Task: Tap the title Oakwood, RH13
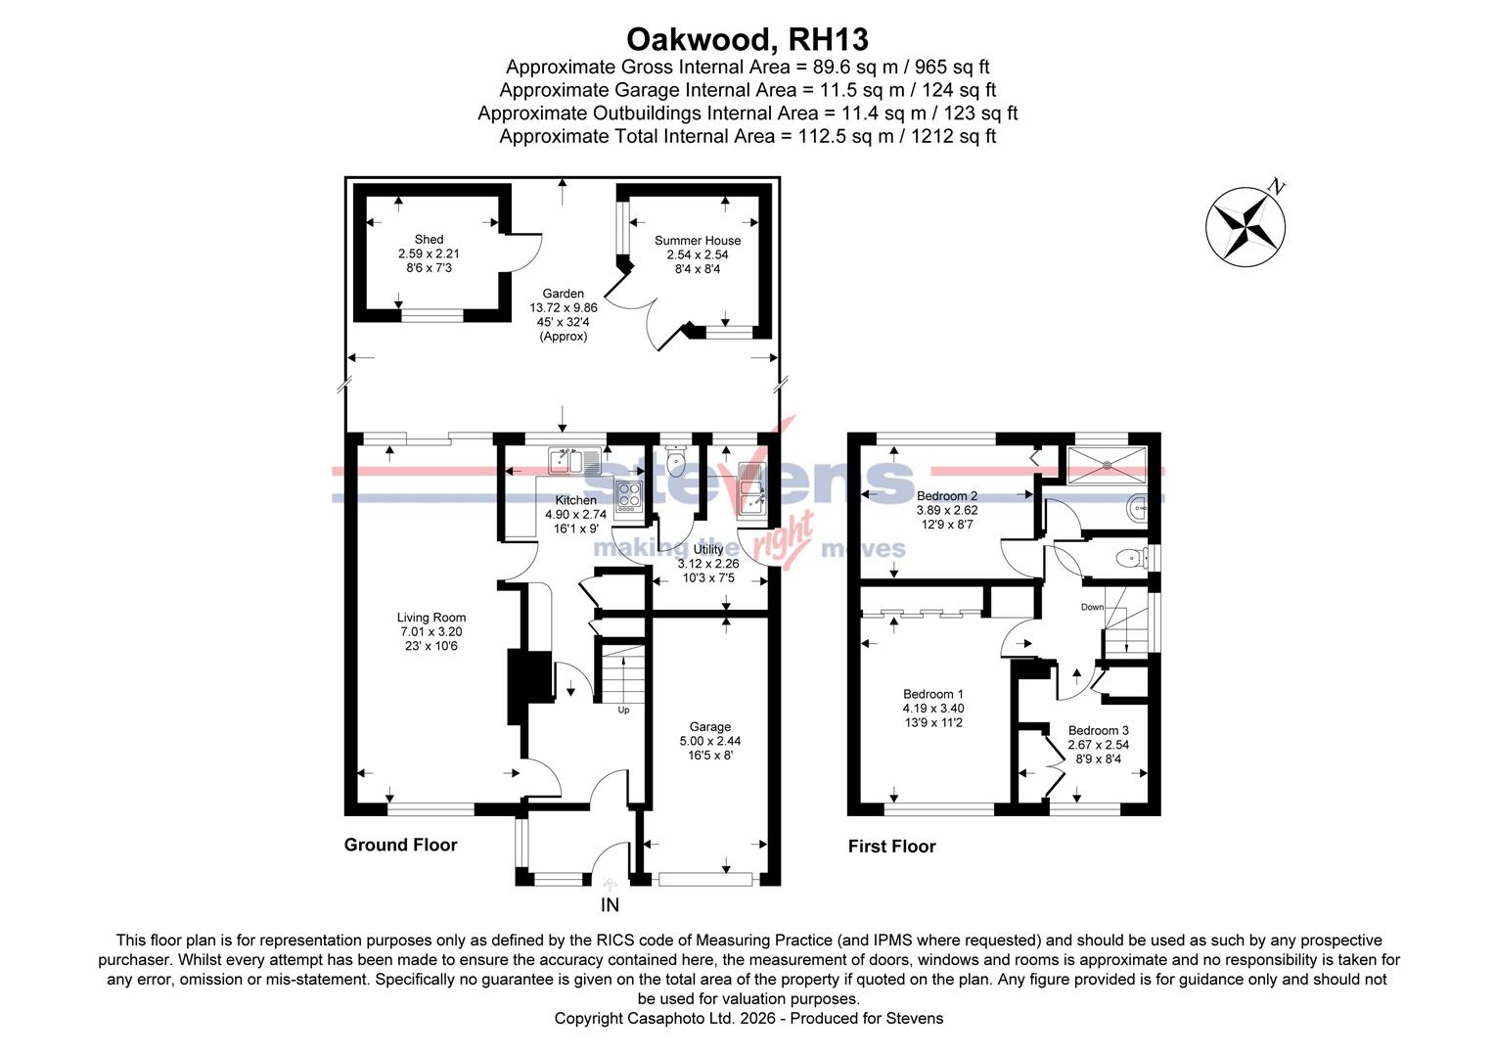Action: pyautogui.click(x=747, y=39)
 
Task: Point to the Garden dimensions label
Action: pyautogui.click(x=564, y=314)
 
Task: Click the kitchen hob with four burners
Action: pyautogui.click(x=627, y=496)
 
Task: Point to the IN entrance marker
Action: pyautogui.click(x=610, y=905)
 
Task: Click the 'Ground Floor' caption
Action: pyautogui.click(x=400, y=845)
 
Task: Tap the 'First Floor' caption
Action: pyautogui.click(x=891, y=847)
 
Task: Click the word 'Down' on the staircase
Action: pyautogui.click(x=1092, y=607)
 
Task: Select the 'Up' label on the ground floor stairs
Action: pyautogui.click(x=623, y=710)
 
